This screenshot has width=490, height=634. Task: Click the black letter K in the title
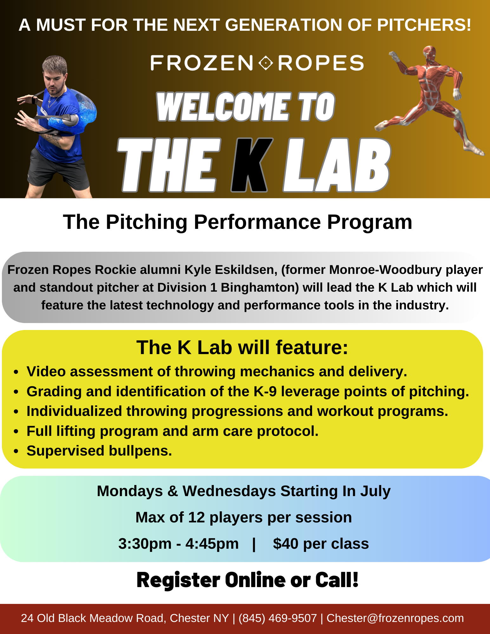[251, 165]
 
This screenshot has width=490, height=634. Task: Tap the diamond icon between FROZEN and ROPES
[265, 63]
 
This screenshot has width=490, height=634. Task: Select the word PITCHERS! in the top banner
[424, 25]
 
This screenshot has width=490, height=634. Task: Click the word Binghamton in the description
[259, 288]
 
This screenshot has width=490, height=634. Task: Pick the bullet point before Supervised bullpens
[16, 451]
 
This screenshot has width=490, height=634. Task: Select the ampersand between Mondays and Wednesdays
[173, 491]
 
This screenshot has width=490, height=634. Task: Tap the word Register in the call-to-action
[178, 580]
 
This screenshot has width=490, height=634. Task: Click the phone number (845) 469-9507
[278, 618]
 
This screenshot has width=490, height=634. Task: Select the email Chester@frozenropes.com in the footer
[395, 618]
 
